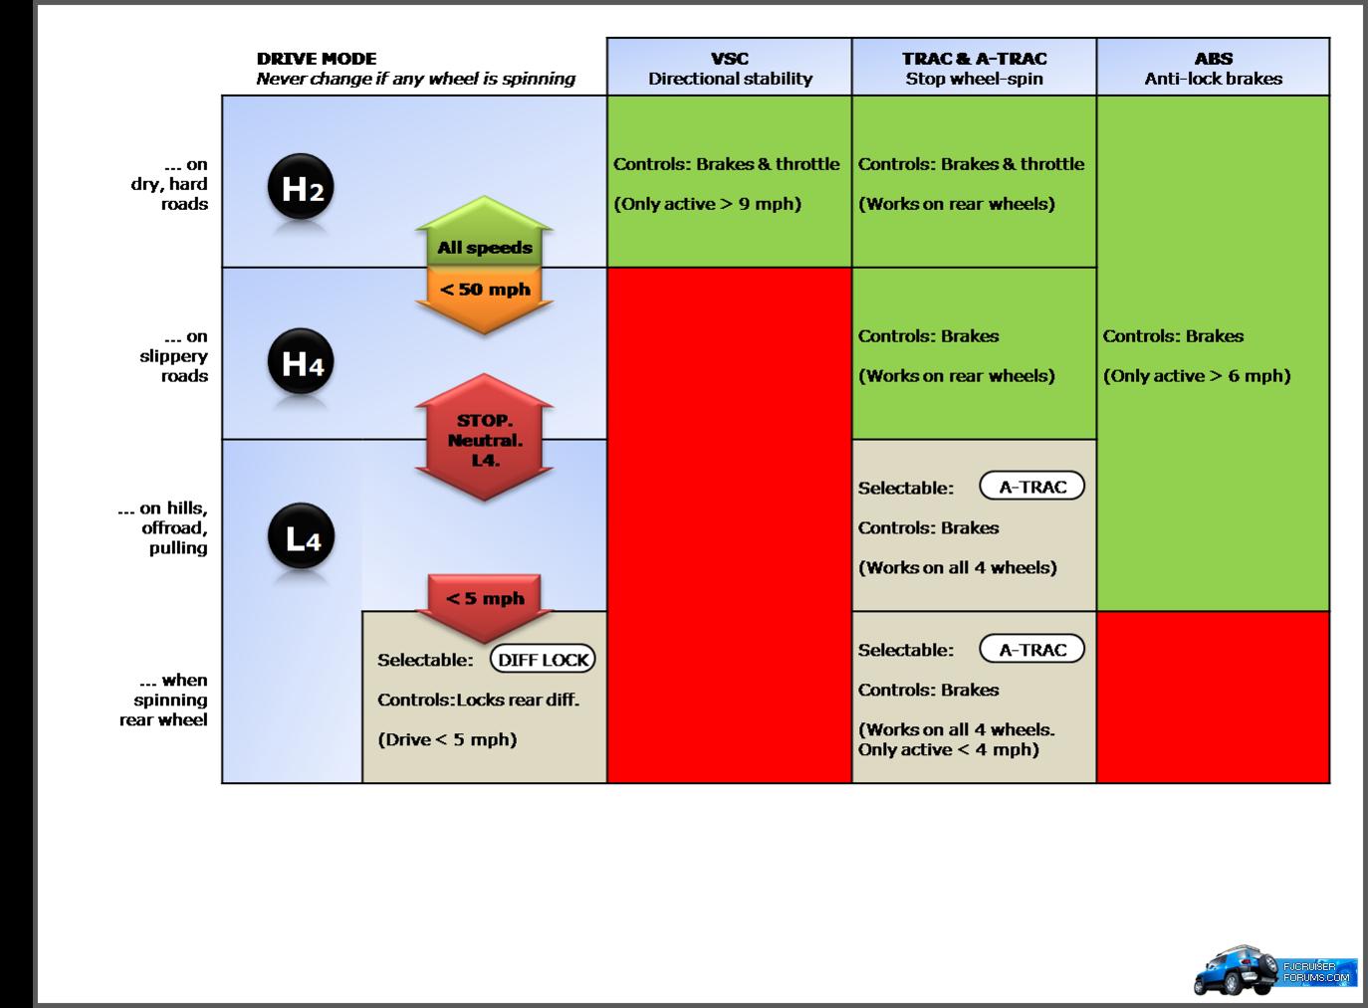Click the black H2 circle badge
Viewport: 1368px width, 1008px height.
pyautogui.click(x=301, y=186)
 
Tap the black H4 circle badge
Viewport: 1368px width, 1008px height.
pyautogui.click(x=301, y=361)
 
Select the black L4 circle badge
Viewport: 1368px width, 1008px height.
pyautogui.click(x=301, y=536)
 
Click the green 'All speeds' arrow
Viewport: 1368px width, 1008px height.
pyautogui.click(x=484, y=231)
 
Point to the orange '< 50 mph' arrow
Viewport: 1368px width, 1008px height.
pyautogui.click(x=484, y=301)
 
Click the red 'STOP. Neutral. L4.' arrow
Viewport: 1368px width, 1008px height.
pyautogui.click(x=484, y=437)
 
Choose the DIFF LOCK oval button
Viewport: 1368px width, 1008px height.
pyautogui.click(x=543, y=660)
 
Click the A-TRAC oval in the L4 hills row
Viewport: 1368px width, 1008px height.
pyautogui.click(x=1032, y=487)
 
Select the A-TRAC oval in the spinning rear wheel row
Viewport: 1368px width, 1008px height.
pyautogui.click(x=1032, y=649)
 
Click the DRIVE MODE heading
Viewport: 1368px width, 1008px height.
pyautogui.click(x=317, y=59)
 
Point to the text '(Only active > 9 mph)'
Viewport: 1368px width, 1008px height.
pyautogui.click(x=707, y=203)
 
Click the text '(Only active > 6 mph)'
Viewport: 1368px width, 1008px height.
pyautogui.click(x=1197, y=375)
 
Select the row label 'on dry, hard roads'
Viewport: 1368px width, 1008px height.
pyautogui.click(x=169, y=184)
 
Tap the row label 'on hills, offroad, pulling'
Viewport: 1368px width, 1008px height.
pyautogui.click(x=162, y=527)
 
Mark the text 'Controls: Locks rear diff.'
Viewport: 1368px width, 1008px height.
pyautogui.click(x=478, y=700)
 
